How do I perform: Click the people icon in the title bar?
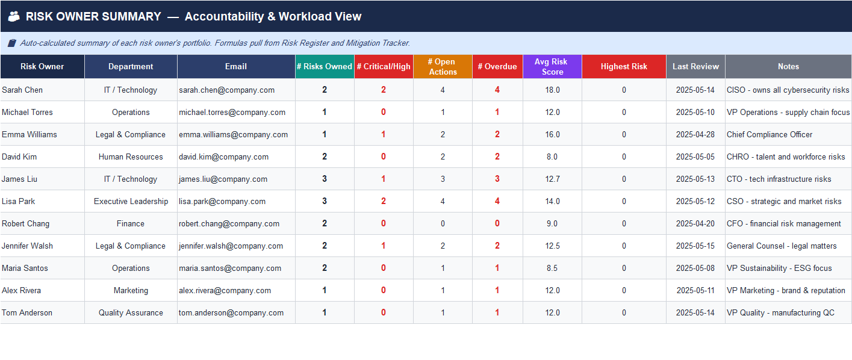(14, 17)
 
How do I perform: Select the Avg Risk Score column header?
(552, 66)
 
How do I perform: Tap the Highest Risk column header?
(624, 66)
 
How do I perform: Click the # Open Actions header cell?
(443, 66)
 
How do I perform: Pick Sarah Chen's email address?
(226, 90)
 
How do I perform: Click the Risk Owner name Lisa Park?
(19, 201)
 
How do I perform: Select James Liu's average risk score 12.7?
(552, 179)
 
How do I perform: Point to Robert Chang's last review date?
(695, 223)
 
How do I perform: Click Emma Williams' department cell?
(131, 134)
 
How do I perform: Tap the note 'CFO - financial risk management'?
(783, 223)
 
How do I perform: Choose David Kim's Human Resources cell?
(131, 157)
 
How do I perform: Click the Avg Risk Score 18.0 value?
(552, 90)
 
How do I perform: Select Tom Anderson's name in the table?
(27, 312)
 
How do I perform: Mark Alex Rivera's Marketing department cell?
(131, 290)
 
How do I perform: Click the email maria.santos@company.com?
(230, 268)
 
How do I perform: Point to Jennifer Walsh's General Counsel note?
(782, 246)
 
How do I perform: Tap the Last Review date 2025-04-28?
(695, 134)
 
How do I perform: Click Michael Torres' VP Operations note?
(788, 112)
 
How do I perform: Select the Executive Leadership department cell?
(131, 201)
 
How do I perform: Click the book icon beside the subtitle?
(12, 43)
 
